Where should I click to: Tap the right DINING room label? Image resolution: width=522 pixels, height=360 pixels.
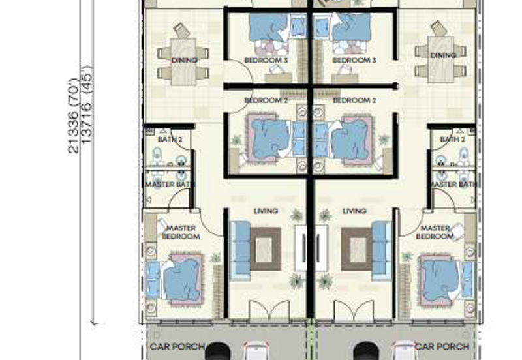[x=443, y=56]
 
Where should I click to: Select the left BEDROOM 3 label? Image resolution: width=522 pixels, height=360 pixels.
[x=266, y=60]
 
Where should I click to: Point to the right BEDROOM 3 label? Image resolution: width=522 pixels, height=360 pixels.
[x=354, y=60]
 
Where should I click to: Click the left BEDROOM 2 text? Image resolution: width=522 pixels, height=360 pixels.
[x=266, y=100]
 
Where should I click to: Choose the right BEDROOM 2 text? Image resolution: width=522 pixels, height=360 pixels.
[x=354, y=100]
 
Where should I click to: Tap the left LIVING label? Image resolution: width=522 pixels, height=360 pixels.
[x=266, y=211]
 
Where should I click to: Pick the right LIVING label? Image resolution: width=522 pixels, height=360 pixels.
[x=354, y=211]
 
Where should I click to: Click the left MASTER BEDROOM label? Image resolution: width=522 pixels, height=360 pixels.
[x=181, y=232]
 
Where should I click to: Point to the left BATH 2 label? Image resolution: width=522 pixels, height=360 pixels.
[x=169, y=140]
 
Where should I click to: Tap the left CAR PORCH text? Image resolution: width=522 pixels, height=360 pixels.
[x=177, y=346]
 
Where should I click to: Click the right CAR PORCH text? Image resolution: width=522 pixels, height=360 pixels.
[x=442, y=346]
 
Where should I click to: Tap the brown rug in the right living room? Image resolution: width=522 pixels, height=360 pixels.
[x=356, y=248]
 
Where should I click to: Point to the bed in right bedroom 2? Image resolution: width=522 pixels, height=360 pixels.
[x=352, y=138]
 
